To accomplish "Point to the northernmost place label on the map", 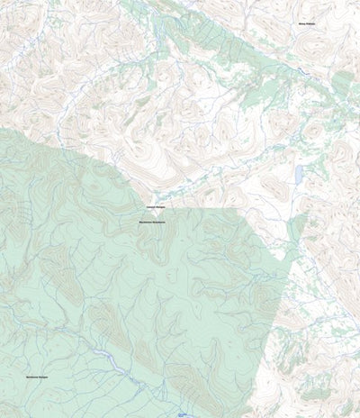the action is (x=307, y=24).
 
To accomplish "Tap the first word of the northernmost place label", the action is (x=302, y=24).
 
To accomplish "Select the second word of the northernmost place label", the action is (x=311, y=24).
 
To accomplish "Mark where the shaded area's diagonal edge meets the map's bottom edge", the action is (x=241, y=416).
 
